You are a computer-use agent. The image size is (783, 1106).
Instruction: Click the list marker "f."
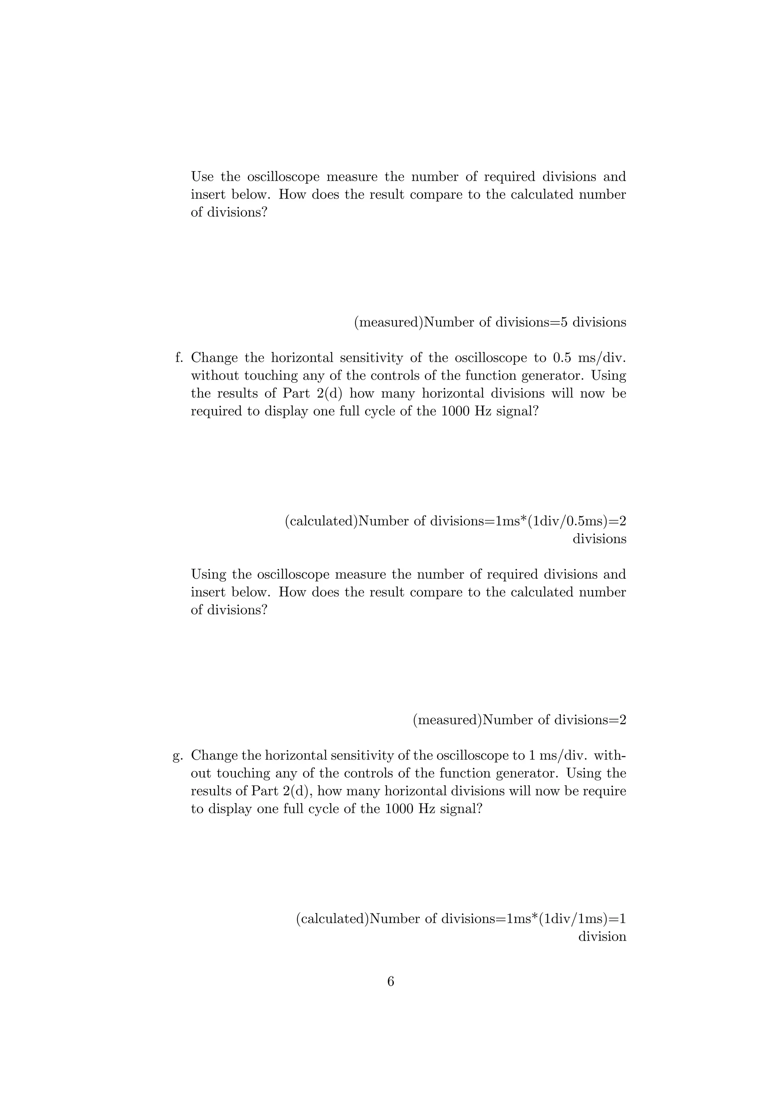click(x=179, y=358)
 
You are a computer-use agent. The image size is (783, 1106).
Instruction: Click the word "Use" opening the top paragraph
click(x=203, y=177)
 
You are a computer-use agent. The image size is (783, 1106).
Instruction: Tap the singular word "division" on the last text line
click(x=602, y=937)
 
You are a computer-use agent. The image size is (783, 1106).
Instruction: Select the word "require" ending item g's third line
click(x=604, y=791)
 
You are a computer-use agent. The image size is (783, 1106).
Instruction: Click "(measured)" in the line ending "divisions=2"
click(x=447, y=720)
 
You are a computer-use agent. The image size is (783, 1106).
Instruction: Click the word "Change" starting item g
click(x=214, y=755)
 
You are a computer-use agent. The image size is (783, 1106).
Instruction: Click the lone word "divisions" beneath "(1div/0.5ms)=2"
click(x=599, y=539)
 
